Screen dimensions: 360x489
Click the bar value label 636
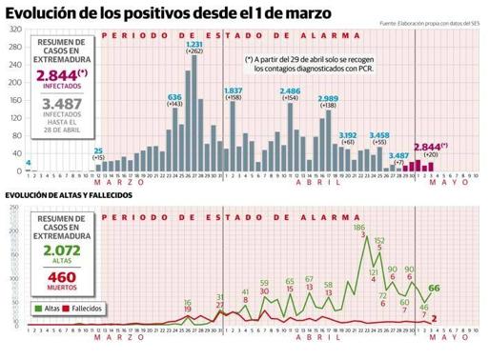[174, 97]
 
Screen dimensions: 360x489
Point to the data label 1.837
[233, 90]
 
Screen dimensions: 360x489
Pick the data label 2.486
[290, 90]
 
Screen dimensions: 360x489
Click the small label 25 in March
[98, 150]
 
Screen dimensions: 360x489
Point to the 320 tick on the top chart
[16, 30]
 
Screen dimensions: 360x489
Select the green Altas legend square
[34, 309]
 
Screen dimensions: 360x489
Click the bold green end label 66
[434, 288]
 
